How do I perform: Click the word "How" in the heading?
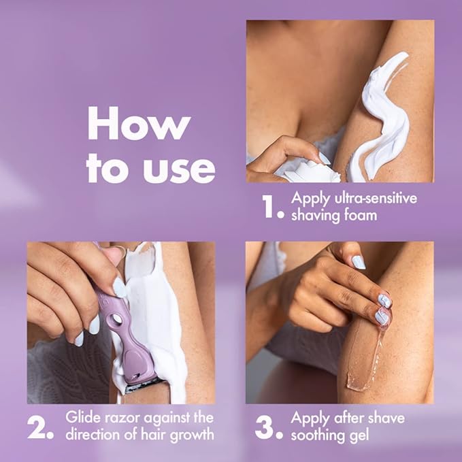[x=139, y=127]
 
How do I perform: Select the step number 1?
[x=271, y=207]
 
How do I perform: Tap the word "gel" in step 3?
[x=359, y=433]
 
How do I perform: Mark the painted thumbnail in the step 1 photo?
[x=324, y=159]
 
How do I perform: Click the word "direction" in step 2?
[x=94, y=433]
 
